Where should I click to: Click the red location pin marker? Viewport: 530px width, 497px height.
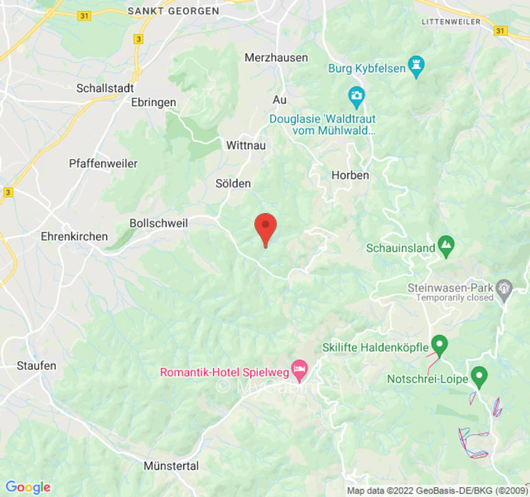tap(266, 227)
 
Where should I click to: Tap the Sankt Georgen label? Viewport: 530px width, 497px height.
tap(173, 11)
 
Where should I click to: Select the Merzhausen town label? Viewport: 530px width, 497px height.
tap(276, 57)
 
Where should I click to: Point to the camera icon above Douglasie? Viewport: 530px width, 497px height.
tap(356, 96)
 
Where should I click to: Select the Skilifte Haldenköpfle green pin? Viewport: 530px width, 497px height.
tap(440, 344)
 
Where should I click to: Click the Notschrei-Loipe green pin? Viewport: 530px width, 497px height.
tap(478, 375)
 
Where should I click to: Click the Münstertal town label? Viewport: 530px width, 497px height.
tap(171, 466)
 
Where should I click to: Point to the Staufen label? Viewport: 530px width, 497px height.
tap(37, 365)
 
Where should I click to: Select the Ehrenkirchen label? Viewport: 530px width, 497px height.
tap(74, 237)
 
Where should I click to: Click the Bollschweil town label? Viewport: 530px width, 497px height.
tap(158, 223)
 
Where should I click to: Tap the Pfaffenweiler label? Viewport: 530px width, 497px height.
tap(103, 164)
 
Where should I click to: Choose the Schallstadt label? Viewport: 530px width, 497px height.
tap(106, 88)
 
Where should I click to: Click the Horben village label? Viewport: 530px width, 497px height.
tap(350, 175)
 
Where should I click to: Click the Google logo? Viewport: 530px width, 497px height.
tap(27, 487)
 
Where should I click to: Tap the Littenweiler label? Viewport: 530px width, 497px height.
tap(451, 21)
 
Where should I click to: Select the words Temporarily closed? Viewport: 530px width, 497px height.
tap(455, 298)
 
